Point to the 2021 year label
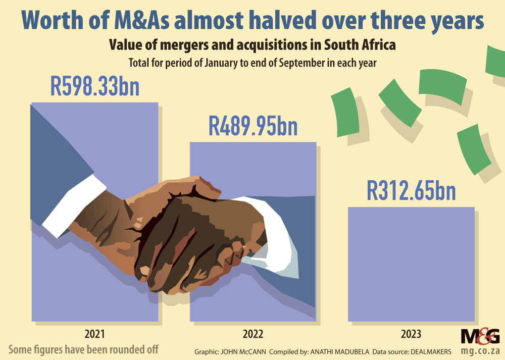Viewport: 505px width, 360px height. tap(95, 334)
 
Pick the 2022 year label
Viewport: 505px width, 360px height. tap(253, 334)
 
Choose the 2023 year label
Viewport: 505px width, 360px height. tap(411, 334)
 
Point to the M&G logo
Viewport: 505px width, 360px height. tap(480, 336)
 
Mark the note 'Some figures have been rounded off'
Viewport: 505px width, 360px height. tap(84, 349)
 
